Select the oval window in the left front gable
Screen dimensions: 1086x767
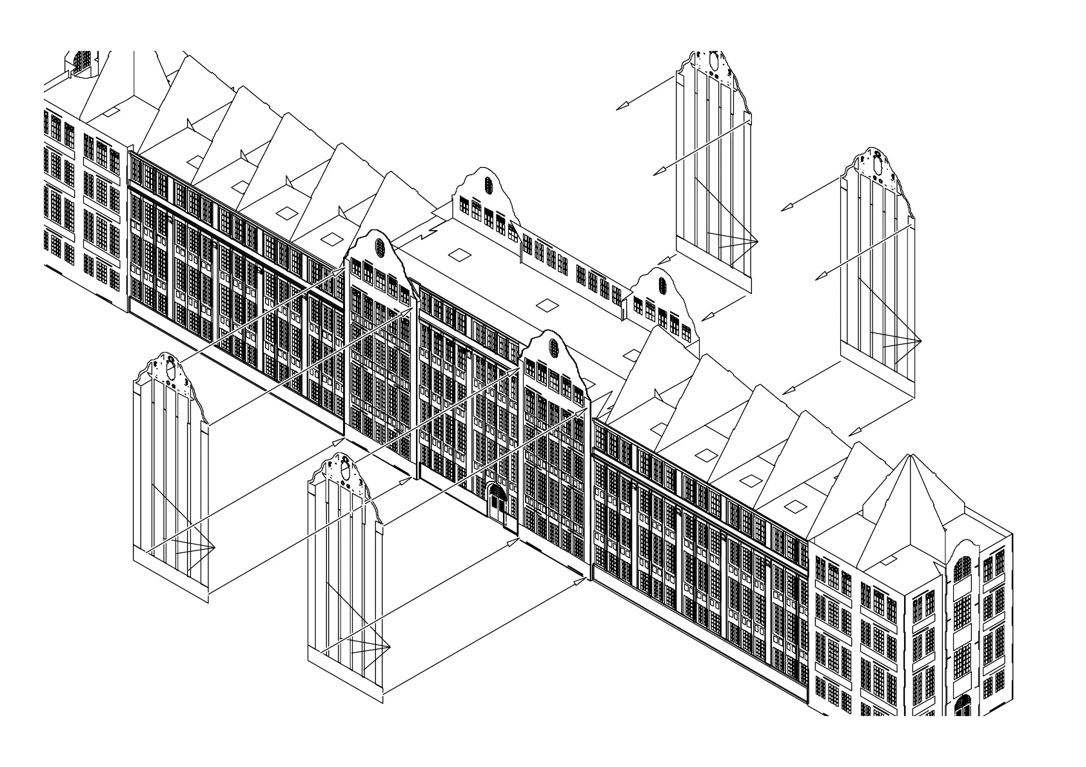click(x=379, y=246)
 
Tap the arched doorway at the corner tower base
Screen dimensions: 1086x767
click(x=963, y=705)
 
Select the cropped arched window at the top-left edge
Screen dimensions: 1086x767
click(x=81, y=61)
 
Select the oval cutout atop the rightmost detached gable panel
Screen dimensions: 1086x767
click(x=878, y=164)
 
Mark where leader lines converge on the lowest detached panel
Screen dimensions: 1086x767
click(x=390, y=646)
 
